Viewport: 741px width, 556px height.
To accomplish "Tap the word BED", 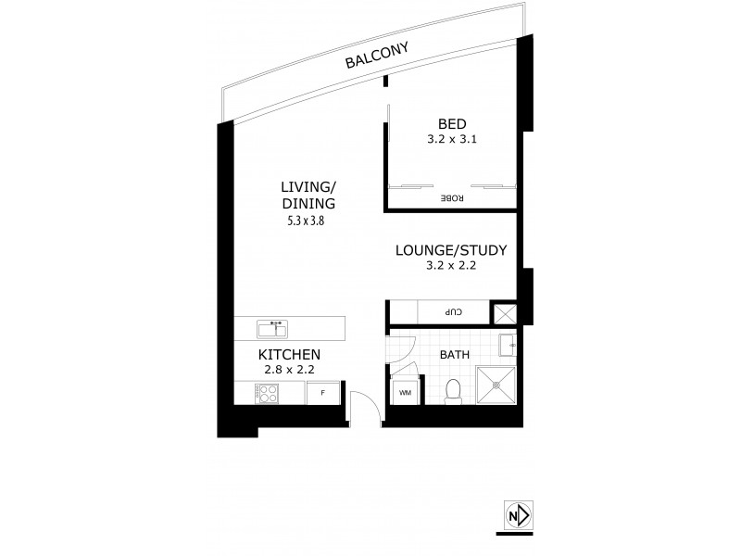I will [452, 126].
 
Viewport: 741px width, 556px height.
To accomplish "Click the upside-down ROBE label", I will [451, 197].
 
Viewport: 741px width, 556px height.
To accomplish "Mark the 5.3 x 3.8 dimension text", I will [307, 221].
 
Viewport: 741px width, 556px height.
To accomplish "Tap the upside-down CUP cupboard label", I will [455, 312].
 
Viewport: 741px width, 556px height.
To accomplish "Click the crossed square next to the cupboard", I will [505, 313].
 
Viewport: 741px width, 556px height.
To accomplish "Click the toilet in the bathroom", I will [454, 392].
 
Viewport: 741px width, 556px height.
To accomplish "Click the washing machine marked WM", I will [405, 394].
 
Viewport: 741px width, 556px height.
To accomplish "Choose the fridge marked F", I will [322, 394].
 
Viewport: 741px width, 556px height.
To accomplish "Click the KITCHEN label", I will [289, 355].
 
